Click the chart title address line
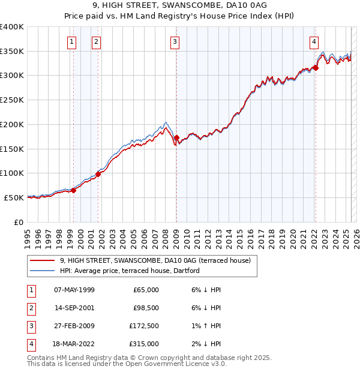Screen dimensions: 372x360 point(179,5)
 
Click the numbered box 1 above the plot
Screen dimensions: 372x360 point(72,41)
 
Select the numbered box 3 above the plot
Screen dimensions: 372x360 point(174,41)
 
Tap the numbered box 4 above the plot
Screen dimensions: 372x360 point(314,41)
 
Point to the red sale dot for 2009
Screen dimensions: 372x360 point(176,137)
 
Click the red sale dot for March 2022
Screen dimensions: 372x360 point(316,68)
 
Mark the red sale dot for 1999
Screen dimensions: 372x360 point(74,190)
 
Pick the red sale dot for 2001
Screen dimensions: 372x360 point(98,174)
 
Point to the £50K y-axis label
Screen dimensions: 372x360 point(15,197)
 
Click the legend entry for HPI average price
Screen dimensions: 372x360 point(129,271)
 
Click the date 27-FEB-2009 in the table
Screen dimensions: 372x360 point(74,326)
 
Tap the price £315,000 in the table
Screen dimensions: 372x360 point(144,344)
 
